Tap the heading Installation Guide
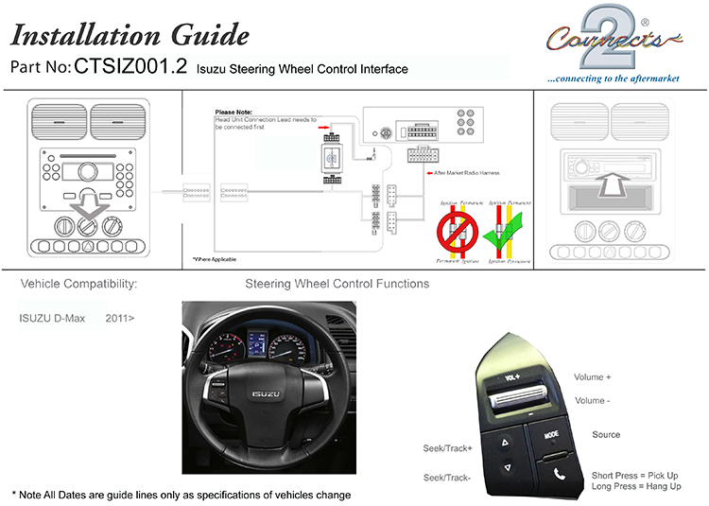point(130,35)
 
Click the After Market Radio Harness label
point(468,174)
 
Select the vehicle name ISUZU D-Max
point(52,318)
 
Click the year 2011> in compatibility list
point(119,318)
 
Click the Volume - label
point(592,401)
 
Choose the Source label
point(606,435)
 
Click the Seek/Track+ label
point(447,447)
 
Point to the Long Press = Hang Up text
point(636,486)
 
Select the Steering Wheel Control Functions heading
point(337,284)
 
